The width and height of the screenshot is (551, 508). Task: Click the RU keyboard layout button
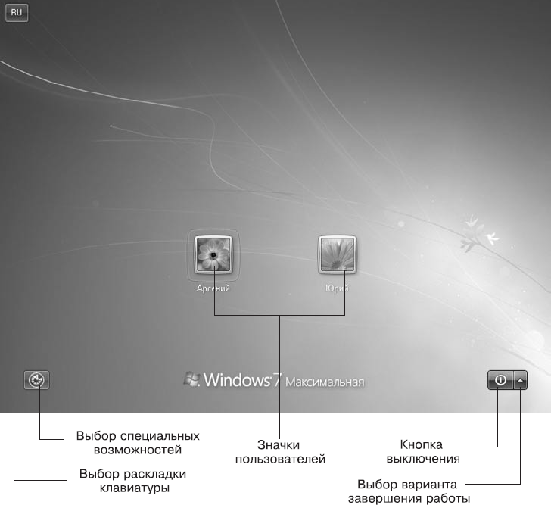click(x=17, y=12)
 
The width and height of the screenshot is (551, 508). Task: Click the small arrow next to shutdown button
click(x=521, y=380)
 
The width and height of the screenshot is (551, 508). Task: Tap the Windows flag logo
click(x=191, y=379)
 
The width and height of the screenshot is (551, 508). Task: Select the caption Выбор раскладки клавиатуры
click(x=132, y=481)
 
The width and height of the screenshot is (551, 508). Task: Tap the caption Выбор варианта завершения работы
click(x=409, y=491)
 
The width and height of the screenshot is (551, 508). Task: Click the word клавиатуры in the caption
click(x=133, y=488)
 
